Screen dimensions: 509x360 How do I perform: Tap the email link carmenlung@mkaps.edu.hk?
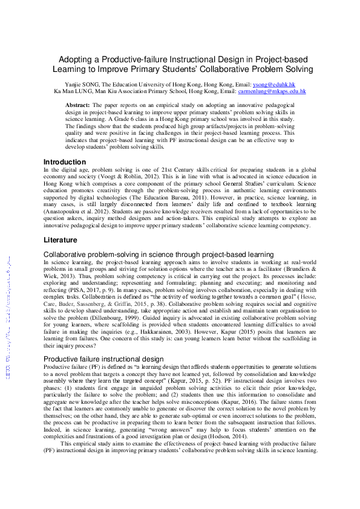point(272,91)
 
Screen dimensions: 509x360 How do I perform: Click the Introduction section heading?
point(65,162)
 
